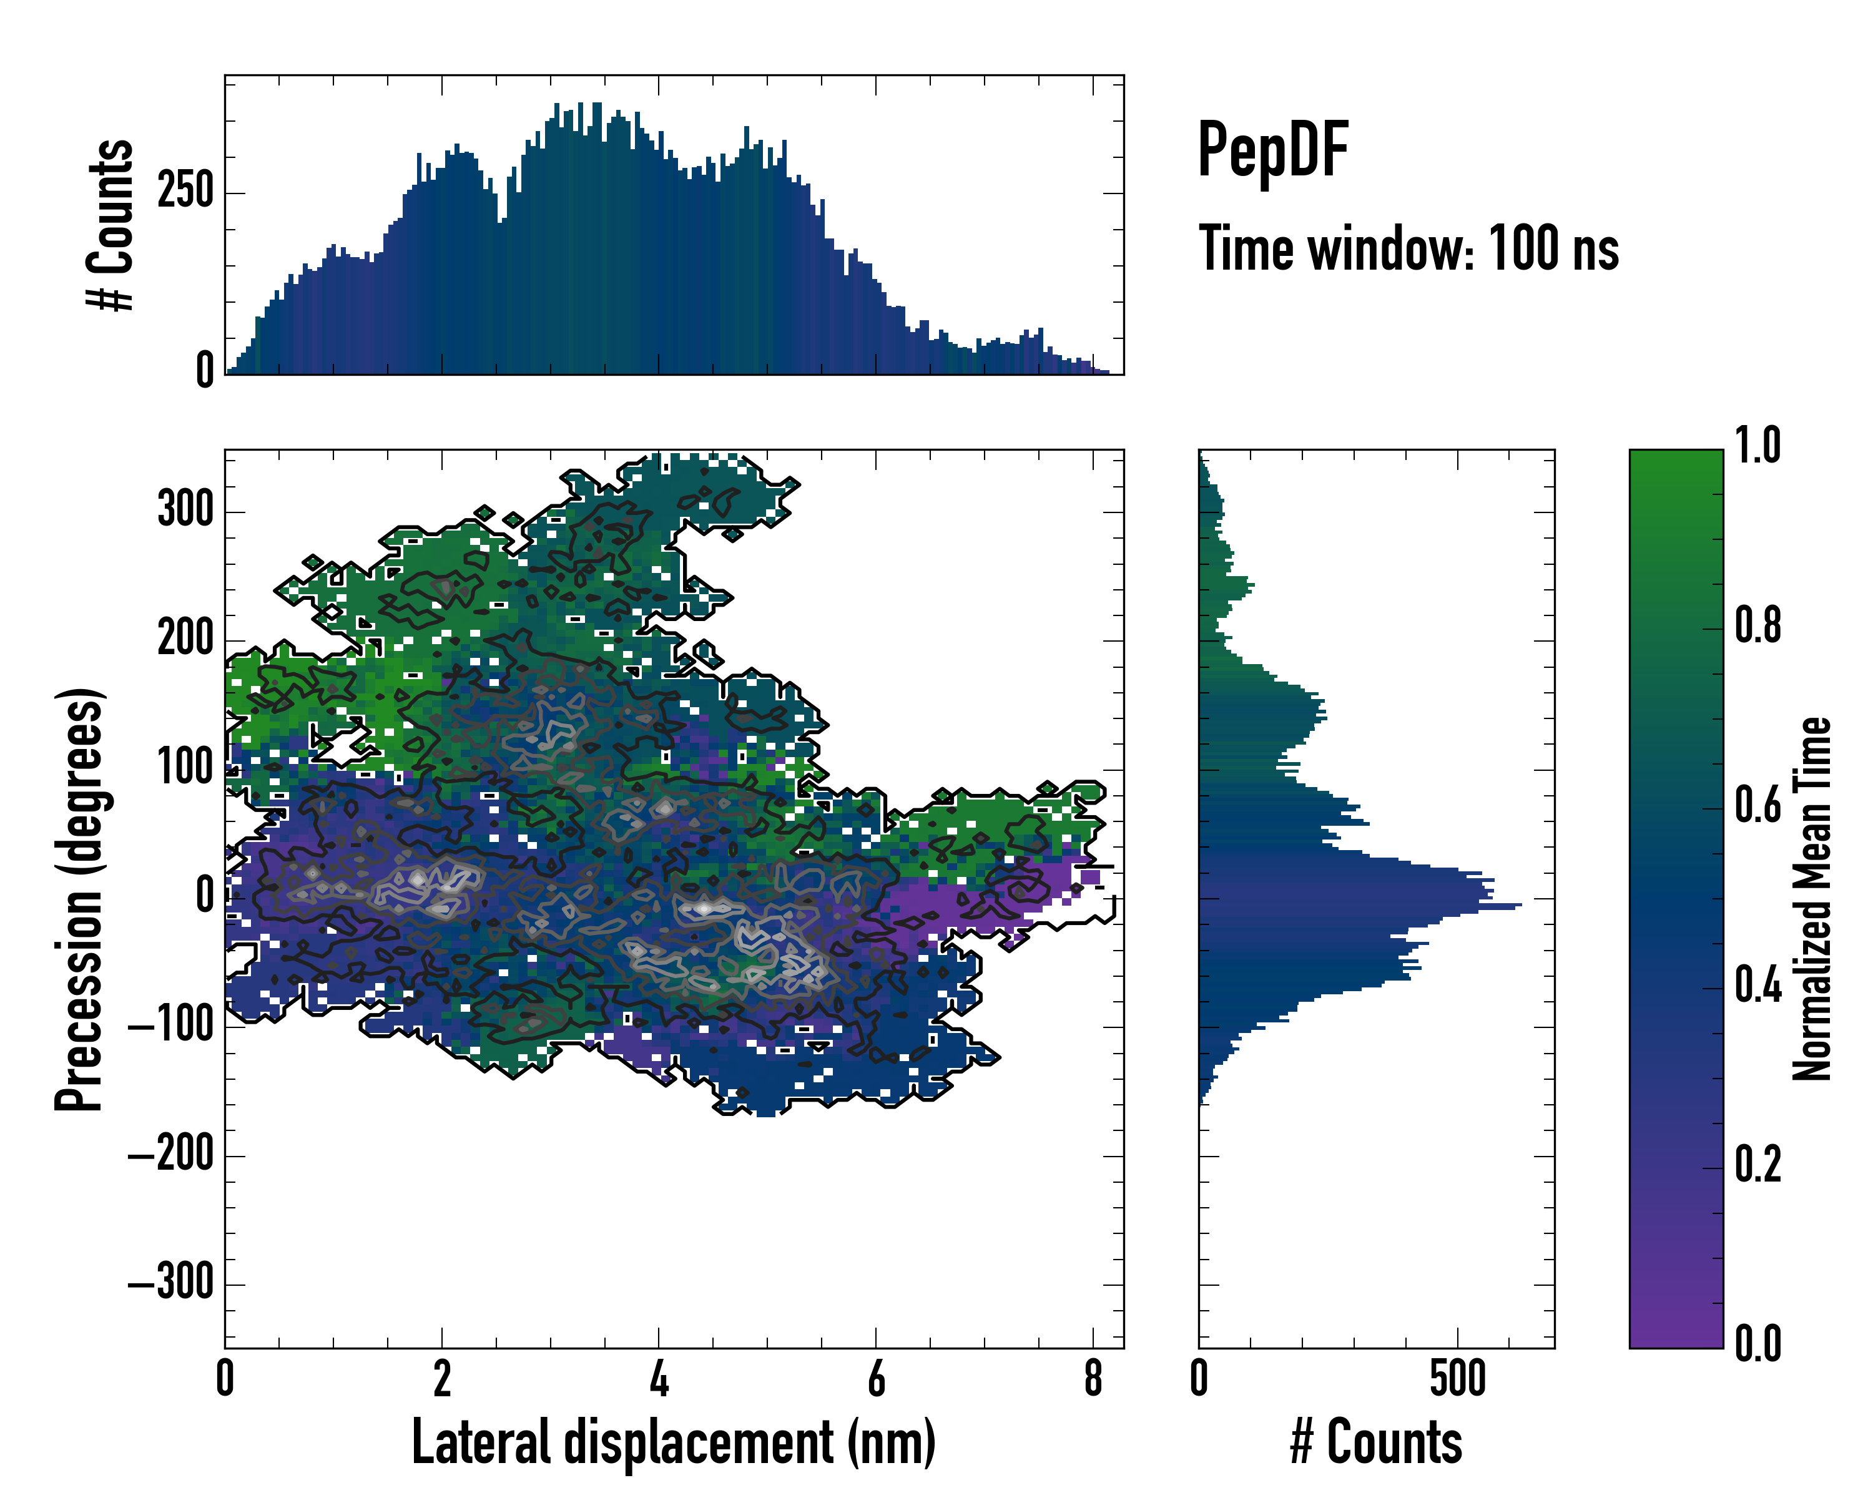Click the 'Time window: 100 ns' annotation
coord(1408,249)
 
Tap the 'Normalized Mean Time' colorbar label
coord(1811,899)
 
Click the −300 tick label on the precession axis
coord(171,1283)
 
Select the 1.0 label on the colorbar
coord(1757,446)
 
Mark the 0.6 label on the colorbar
coord(1757,805)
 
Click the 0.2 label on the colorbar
coord(1757,1165)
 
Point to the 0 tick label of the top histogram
coord(205,371)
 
